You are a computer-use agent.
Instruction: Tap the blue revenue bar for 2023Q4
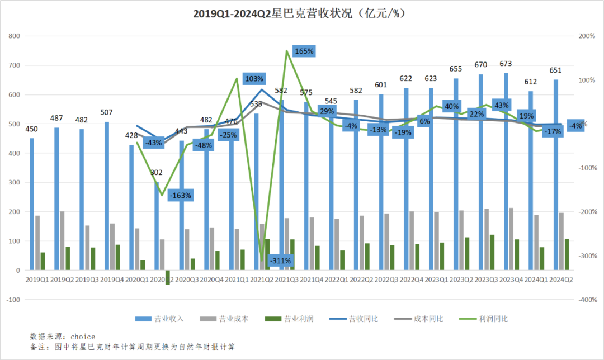(x=506, y=172)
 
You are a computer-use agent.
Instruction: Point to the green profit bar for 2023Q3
(x=492, y=252)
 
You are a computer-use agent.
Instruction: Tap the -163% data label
(x=181, y=196)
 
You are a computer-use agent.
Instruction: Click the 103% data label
(x=254, y=78)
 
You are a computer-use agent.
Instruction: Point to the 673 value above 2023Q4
(x=506, y=64)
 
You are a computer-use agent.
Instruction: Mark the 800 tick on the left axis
(x=15, y=36)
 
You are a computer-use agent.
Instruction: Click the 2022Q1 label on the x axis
(x=337, y=279)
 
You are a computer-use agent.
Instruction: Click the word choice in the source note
(x=83, y=337)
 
